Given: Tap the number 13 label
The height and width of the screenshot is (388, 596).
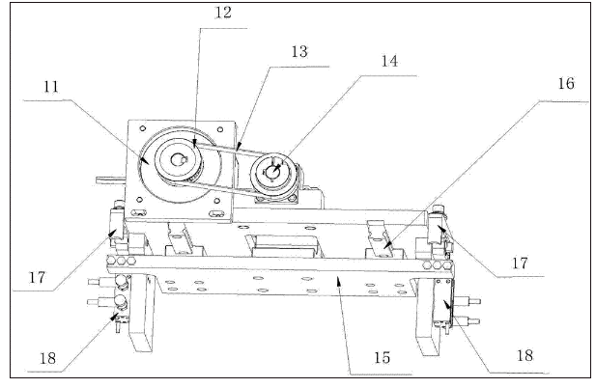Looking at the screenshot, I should click(x=299, y=51).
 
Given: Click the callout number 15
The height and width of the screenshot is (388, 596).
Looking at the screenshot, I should click(x=382, y=356).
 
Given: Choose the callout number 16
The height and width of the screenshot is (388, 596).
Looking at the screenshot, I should click(x=565, y=84).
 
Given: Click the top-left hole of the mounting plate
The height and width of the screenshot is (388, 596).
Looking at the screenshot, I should click(x=138, y=128).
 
